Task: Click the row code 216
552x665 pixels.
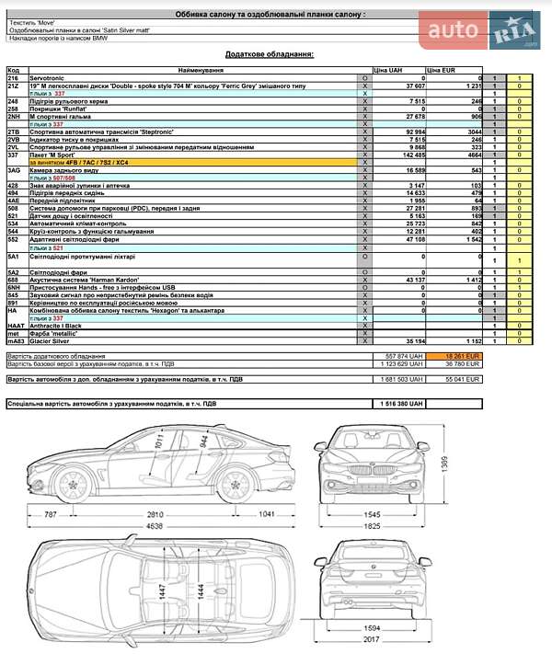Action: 14,79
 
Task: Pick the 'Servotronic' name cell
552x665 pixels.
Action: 48,79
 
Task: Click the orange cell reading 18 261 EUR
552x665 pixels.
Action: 463,355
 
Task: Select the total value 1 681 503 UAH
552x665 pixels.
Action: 404,378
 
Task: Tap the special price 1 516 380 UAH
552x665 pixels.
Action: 404,403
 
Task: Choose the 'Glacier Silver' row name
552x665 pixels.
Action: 52,340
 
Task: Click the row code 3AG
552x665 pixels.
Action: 15,170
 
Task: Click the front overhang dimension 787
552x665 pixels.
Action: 51,512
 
